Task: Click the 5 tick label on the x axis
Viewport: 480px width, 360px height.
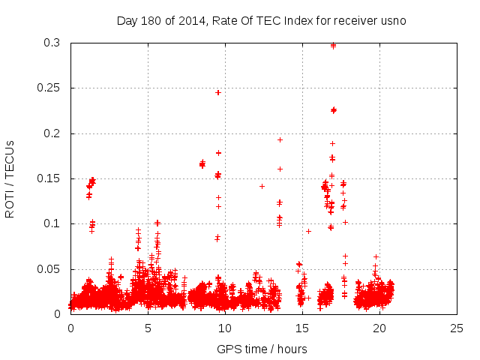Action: (x=148, y=328)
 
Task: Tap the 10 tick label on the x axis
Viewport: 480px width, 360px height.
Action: (x=225, y=328)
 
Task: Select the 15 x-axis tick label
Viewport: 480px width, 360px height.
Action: (x=302, y=328)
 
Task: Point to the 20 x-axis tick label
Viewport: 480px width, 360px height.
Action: (x=379, y=328)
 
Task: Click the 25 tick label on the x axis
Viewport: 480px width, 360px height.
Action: (x=457, y=328)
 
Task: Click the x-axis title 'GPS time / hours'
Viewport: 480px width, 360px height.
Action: (x=262, y=349)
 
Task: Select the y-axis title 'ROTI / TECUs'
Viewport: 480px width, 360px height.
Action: (x=10, y=178)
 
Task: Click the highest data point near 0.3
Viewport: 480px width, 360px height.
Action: (x=333, y=45)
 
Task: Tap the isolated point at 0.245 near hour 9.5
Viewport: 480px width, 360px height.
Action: (x=218, y=92)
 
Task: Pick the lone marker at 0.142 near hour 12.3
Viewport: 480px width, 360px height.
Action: (x=262, y=186)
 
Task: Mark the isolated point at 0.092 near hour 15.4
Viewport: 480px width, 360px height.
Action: (x=308, y=231)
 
